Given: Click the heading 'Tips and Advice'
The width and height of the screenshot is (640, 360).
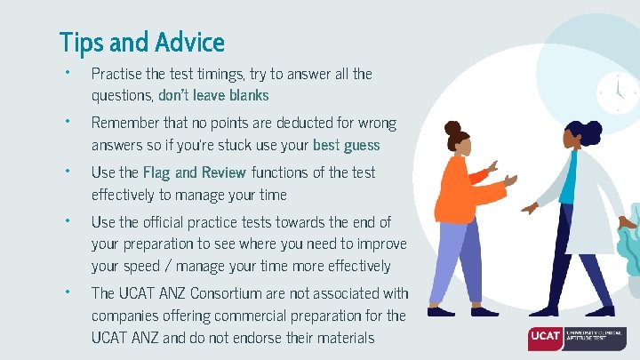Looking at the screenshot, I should pos(141,42).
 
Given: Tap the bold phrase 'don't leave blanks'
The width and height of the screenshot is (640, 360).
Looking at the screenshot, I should pos(213,95).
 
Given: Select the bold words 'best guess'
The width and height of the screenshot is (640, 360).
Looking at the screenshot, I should pos(346,145).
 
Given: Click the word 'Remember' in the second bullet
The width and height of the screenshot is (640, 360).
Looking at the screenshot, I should pos(124,123).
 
